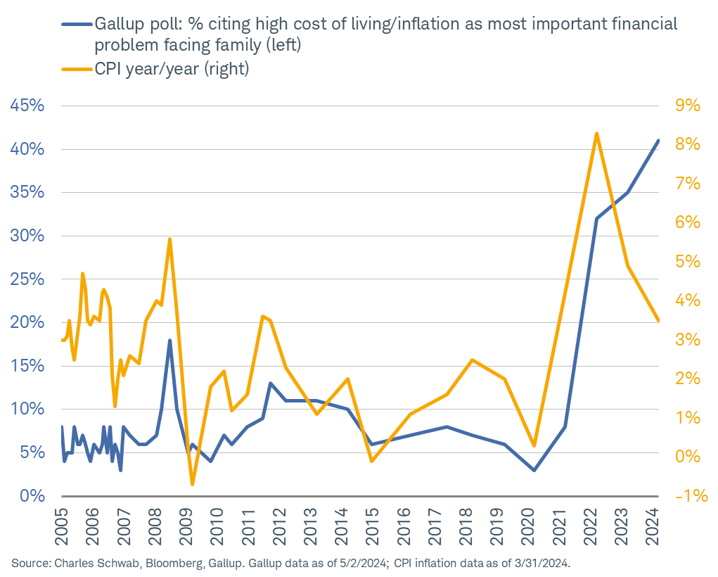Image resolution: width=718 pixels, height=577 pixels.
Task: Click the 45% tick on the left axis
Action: click(x=27, y=106)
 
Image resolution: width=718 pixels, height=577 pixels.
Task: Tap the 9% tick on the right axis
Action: click(x=688, y=106)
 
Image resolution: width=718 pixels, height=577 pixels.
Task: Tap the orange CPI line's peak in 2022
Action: click(x=596, y=133)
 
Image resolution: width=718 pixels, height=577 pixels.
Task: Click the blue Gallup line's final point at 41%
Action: click(x=658, y=141)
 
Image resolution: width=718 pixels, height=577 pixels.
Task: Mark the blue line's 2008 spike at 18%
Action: click(x=169, y=341)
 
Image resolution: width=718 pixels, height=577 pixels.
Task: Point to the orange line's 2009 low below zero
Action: click(x=192, y=484)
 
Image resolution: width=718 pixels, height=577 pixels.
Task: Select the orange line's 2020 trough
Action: click(x=534, y=445)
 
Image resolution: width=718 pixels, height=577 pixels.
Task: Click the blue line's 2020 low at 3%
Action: click(x=534, y=470)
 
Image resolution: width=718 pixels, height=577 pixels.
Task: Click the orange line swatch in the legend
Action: click(x=75, y=70)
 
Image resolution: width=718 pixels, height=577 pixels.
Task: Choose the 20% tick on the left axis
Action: click(x=27, y=323)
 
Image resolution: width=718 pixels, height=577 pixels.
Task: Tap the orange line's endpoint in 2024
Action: click(x=658, y=320)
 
